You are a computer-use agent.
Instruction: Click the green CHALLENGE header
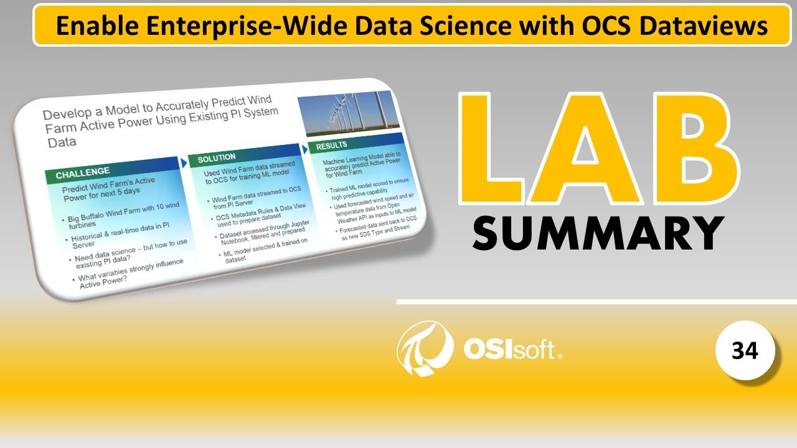[83, 172]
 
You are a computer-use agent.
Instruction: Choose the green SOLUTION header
[217, 159]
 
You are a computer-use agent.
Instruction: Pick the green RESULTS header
[331, 146]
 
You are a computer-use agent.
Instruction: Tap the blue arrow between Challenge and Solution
[184, 162]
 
